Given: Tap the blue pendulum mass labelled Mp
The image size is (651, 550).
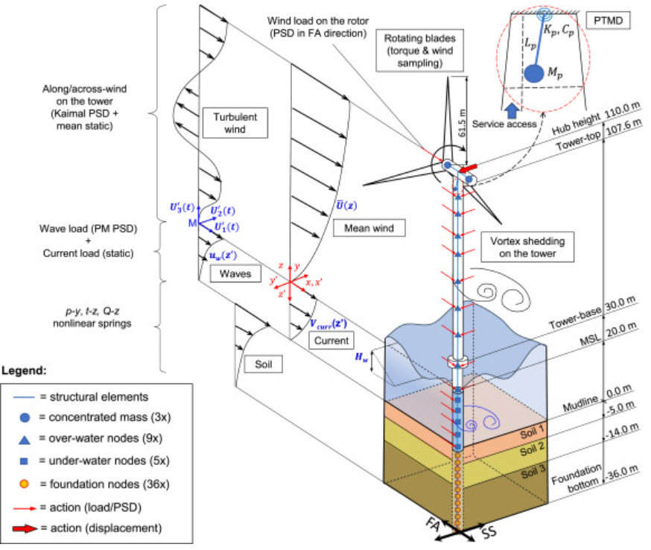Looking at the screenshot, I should [533, 73].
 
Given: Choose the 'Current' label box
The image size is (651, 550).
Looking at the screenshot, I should [331, 341].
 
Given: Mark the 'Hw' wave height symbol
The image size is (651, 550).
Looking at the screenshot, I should [361, 358].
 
